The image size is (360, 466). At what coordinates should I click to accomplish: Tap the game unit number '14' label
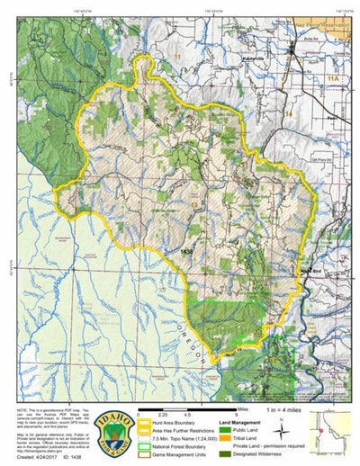(x=290, y=115)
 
